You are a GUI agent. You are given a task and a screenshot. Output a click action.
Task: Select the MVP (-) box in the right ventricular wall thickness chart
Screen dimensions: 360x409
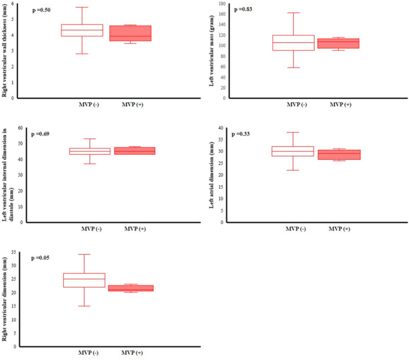click(x=82, y=30)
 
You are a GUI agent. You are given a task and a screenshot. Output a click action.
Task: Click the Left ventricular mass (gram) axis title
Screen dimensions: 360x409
click(x=213, y=51)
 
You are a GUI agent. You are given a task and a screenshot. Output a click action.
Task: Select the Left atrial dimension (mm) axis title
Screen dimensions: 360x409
click(x=211, y=175)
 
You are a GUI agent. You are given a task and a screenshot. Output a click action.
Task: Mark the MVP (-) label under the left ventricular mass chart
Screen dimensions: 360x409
click(x=296, y=104)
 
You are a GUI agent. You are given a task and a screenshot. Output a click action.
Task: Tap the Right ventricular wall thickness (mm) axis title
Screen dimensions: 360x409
click(x=5, y=51)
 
